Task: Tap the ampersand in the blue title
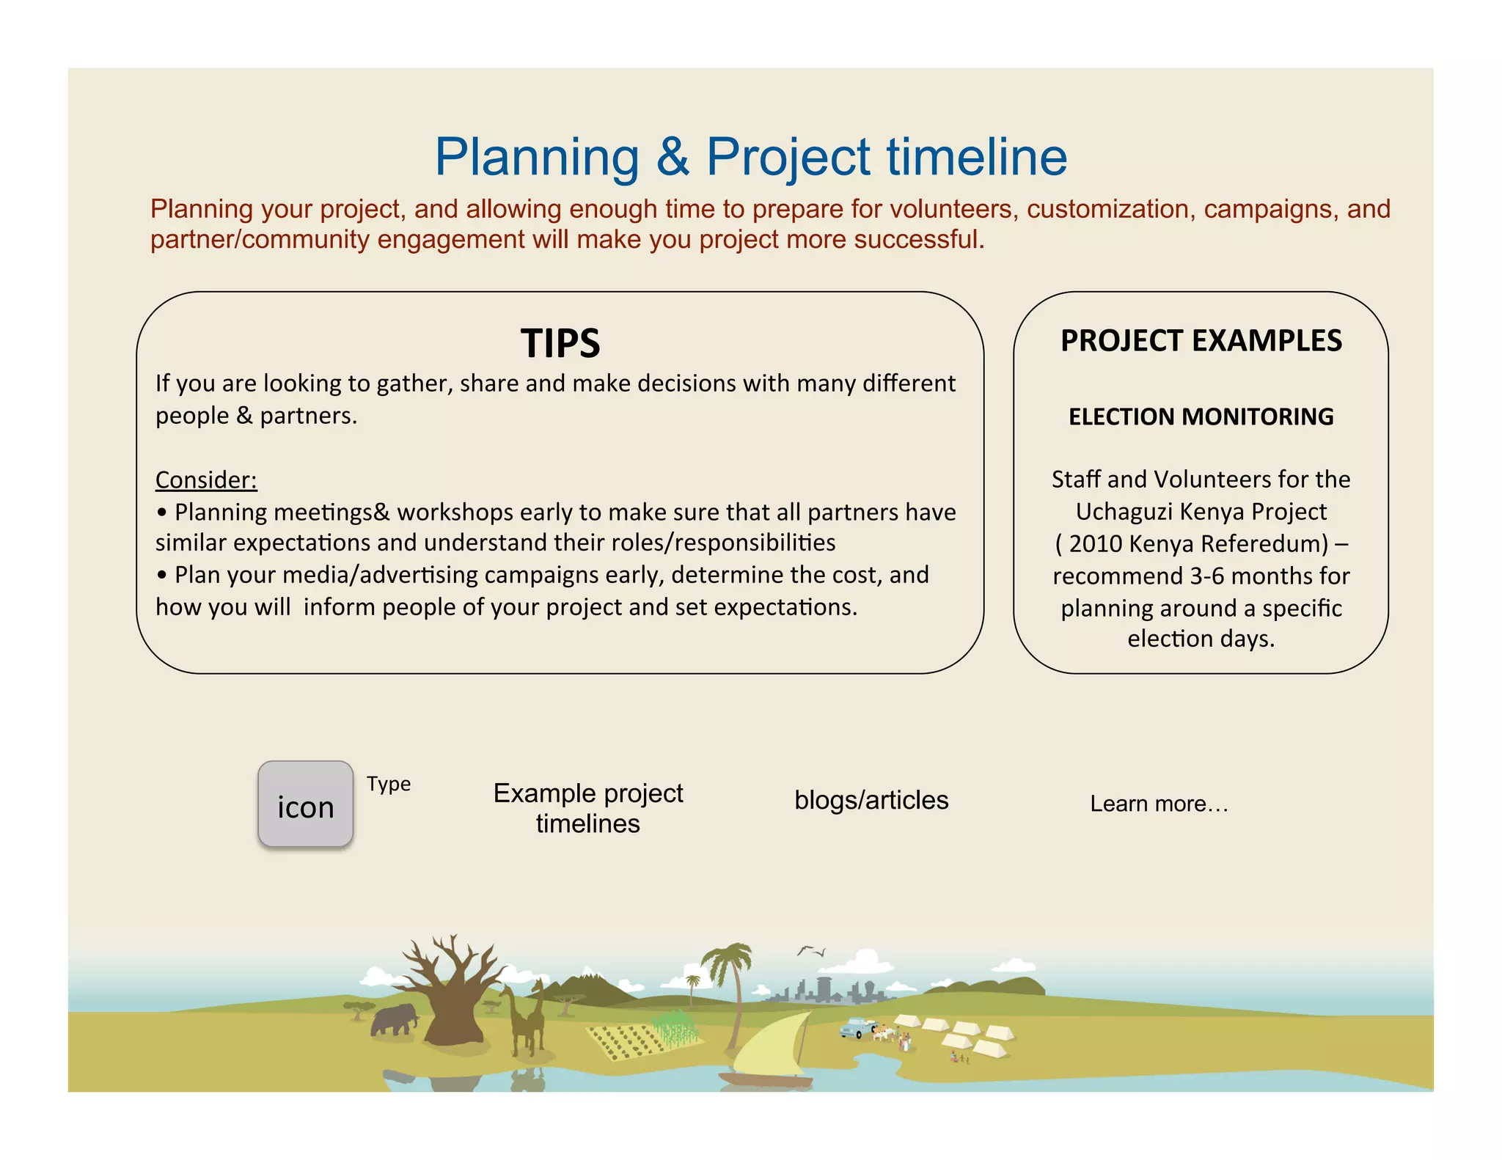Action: tap(673, 158)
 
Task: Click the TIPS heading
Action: tap(560, 343)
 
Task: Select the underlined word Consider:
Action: tap(206, 480)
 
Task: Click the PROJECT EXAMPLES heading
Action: tap(1201, 341)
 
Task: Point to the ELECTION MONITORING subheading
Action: tap(1201, 416)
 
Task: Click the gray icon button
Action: tap(306, 804)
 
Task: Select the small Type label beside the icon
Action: tap(389, 784)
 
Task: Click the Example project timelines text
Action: tap(587, 808)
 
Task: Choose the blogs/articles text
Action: tap(871, 800)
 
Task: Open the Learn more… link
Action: tap(1159, 804)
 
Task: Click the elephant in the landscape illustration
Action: tap(394, 1019)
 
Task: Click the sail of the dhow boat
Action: tap(770, 1045)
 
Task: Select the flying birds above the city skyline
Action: tap(811, 951)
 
